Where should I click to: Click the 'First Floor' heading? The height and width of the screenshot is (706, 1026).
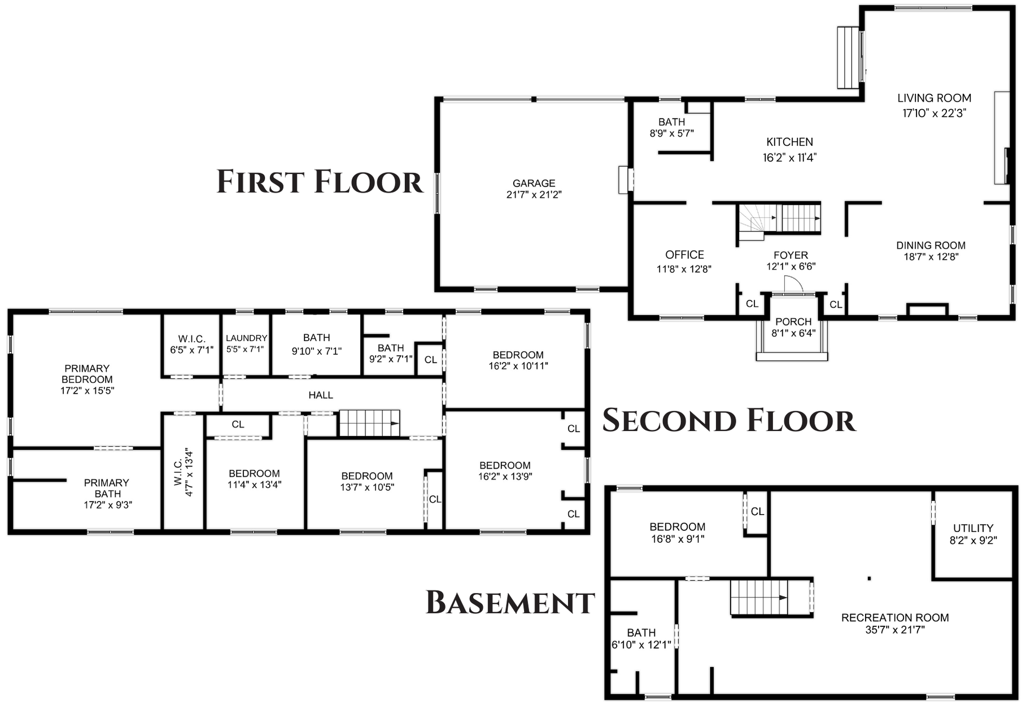(320, 182)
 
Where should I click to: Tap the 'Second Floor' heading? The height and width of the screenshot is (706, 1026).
(729, 421)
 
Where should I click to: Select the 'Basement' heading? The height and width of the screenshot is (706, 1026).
(510, 602)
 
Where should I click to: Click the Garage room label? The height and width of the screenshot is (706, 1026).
(534, 183)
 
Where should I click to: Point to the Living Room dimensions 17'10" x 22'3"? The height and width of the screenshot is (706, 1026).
(934, 113)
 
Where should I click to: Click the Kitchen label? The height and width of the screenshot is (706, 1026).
(789, 142)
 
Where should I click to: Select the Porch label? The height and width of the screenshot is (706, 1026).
(793, 321)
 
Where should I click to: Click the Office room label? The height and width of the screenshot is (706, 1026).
(684, 255)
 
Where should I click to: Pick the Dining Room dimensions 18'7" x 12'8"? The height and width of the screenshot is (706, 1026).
(931, 256)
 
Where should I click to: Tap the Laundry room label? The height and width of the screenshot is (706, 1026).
(246, 338)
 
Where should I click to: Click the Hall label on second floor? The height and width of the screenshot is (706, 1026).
(321, 395)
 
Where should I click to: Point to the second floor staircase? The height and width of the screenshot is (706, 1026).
(369, 423)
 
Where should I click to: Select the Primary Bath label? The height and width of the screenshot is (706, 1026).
(107, 488)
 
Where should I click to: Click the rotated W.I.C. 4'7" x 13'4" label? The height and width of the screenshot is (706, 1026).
(184, 472)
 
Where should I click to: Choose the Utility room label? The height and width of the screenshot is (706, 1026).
(973, 528)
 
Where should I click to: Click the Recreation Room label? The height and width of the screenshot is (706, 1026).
(895, 618)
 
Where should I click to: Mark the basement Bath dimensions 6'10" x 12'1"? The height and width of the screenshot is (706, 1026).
(641, 644)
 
